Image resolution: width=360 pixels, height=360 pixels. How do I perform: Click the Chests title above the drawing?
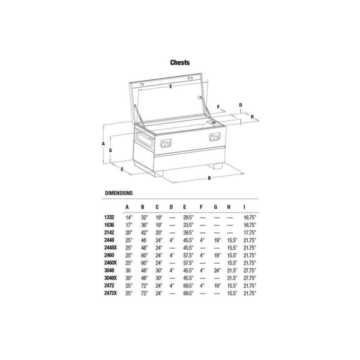[x=179, y=63]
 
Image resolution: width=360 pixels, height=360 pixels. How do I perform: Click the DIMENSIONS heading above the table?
[x=118, y=192]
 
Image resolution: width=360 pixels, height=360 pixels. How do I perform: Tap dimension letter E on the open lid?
[x=170, y=86]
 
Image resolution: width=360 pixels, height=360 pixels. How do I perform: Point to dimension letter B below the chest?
[x=209, y=178]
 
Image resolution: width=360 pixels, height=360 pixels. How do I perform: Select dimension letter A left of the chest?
[x=103, y=143]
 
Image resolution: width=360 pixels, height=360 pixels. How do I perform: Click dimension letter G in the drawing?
[x=110, y=149]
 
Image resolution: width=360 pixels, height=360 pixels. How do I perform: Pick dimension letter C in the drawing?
[x=122, y=169]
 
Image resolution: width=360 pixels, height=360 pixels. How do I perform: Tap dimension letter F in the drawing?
[x=218, y=106]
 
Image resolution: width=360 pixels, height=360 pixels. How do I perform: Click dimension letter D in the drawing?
[x=240, y=105]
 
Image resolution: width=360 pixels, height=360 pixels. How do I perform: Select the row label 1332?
[x=109, y=217]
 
